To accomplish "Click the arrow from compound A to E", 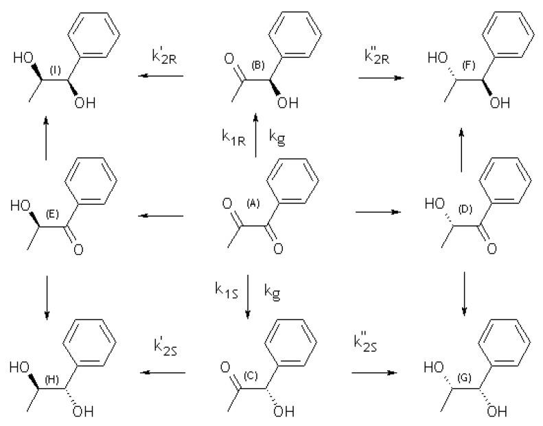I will (161, 216).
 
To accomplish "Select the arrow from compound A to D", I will (376, 213).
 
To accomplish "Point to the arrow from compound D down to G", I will (464, 294).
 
